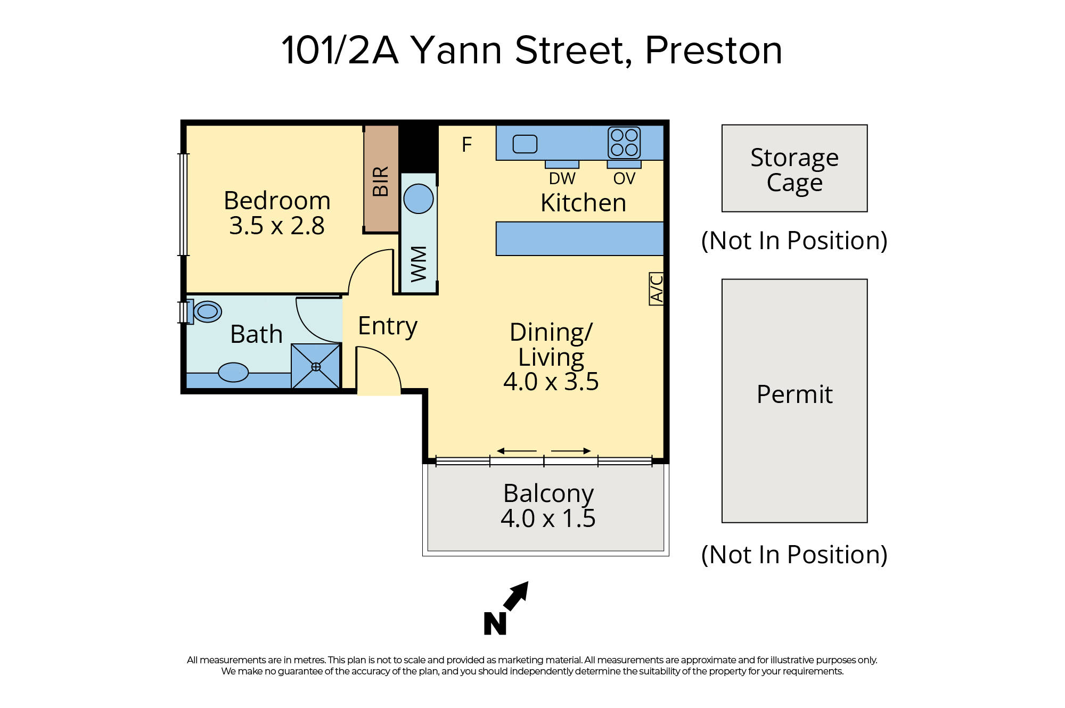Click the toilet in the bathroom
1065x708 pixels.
[207, 311]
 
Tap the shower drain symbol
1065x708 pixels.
[316, 367]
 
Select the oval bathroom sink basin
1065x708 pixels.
[233, 372]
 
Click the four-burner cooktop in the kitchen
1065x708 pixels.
[624, 143]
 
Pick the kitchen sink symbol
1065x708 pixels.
[525, 144]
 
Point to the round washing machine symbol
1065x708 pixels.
[419, 199]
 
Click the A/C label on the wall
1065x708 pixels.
[657, 289]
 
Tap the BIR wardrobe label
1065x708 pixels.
[381, 181]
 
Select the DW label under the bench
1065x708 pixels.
[562, 178]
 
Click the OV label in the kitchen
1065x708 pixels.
[624, 178]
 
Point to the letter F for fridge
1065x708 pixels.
[467, 145]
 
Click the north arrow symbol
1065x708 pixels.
[515, 596]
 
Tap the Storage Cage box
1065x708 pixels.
[794, 168]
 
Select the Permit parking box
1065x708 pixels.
[794, 400]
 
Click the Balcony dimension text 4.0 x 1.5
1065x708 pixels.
[548, 518]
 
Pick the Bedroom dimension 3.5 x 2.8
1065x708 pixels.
[277, 226]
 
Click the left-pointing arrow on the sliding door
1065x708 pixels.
[516, 451]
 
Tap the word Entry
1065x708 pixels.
[387, 326]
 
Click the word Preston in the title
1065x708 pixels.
[713, 51]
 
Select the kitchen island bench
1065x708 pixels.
[579, 238]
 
